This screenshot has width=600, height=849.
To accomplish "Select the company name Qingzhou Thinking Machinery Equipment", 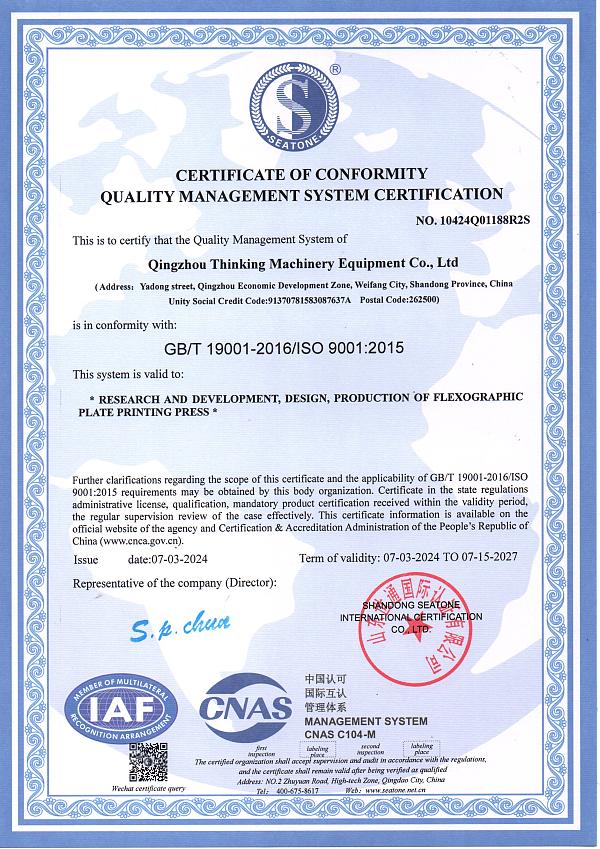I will pos(288,264).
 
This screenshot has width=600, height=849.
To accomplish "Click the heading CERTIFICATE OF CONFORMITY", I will pos(302,174).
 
